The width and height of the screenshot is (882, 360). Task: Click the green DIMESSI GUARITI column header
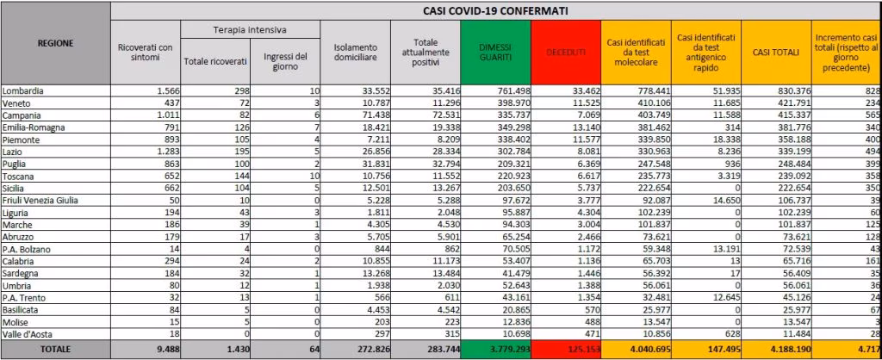(495, 53)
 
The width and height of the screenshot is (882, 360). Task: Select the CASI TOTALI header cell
(777, 53)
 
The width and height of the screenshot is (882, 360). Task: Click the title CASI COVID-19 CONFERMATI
(495, 10)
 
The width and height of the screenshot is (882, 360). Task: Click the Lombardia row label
(23, 90)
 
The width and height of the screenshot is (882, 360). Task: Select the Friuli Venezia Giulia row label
(40, 200)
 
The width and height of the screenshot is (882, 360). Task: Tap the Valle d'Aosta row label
(28, 333)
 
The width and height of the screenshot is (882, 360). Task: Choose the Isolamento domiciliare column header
(353, 53)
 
